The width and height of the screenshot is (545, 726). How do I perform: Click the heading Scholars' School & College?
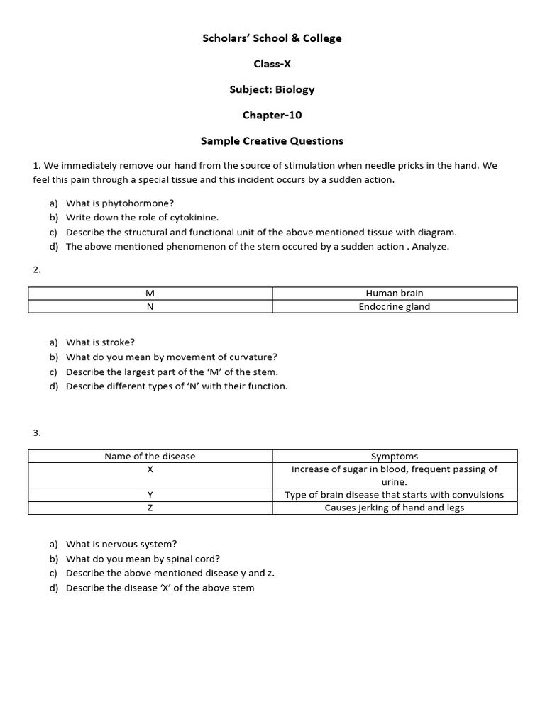tap(272, 38)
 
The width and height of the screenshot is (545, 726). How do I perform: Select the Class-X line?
tap(272, 64)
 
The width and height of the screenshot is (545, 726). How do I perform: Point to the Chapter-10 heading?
tap(272, 115)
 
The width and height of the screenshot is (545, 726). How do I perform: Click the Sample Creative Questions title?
tap(272, 140)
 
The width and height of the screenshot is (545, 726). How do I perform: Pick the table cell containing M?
tap(150, 294)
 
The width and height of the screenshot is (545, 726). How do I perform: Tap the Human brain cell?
tap(395, 294)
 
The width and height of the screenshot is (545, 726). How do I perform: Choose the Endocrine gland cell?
tap(395, 307)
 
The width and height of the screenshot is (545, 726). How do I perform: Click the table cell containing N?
tap(150, 307)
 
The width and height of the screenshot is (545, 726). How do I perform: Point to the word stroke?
tap(119, 342)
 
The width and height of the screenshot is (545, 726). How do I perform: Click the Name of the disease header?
tap(150, 457)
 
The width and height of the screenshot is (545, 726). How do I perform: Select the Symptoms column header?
tap(395, 457)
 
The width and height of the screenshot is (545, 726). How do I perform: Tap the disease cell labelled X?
tap(150, 469)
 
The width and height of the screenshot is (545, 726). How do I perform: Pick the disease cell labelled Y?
tap(150, 495)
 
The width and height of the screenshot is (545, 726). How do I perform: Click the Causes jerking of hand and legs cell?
tap(395, 508)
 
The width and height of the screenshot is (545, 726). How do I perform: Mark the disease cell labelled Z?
tap(150, 508)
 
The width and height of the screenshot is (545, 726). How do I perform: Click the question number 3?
tap(37, 432)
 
